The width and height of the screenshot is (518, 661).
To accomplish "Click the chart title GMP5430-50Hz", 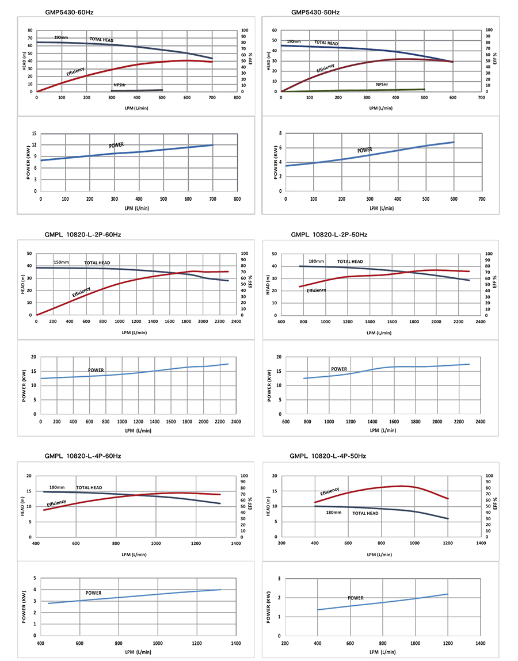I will point(314,12).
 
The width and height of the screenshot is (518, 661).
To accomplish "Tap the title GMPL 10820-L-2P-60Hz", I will point(83,235).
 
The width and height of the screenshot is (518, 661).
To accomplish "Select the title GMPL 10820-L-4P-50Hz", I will point(329,456).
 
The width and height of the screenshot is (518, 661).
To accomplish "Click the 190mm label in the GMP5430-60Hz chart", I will point(61,37).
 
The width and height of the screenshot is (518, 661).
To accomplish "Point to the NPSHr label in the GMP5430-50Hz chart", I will point(382,85).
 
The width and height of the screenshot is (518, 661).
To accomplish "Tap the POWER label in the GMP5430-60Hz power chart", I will point(116,145).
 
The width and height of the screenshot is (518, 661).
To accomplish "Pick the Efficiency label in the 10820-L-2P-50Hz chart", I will point(316,291).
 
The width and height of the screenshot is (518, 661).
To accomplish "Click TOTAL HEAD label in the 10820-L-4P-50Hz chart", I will point(365,513).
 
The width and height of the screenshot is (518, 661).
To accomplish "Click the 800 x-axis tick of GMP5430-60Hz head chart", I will point(237,98).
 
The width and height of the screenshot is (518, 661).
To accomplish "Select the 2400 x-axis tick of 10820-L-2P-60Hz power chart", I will point(236,422).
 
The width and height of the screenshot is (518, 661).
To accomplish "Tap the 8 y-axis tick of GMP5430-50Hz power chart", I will point(280,133).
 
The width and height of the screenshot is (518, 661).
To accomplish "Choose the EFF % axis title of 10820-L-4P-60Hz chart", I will point(250,506).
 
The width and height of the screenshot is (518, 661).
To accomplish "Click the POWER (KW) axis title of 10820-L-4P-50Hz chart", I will point(269,607).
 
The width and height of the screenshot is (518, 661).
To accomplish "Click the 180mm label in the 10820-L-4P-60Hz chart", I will point(57,487).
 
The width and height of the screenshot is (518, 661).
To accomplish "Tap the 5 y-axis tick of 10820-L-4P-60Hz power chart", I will point(35,578).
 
